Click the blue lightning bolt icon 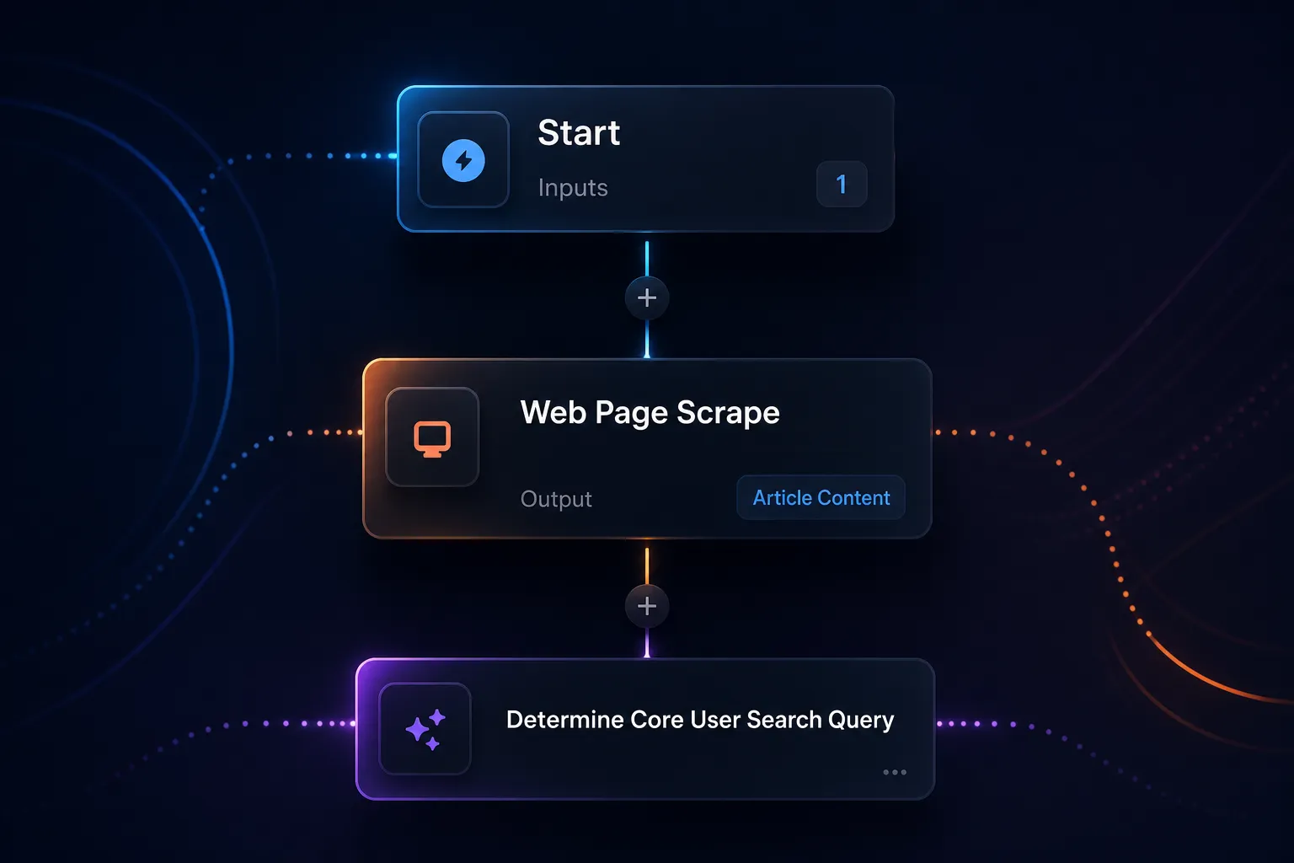click(463, 160)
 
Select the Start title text click(579, 132)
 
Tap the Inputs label click(573, 188)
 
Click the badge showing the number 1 click(842, 184)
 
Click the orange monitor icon click(432, 439)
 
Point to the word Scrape click(728, 413)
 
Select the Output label click(556, 499)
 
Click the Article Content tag click(821, 498)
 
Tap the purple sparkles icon click(425, 729)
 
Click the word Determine click(565, 720)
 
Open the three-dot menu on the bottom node click(894, 772)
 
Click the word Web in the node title click(553, 413)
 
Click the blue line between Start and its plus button click(647, 259)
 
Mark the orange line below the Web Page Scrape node click(647, 566)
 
